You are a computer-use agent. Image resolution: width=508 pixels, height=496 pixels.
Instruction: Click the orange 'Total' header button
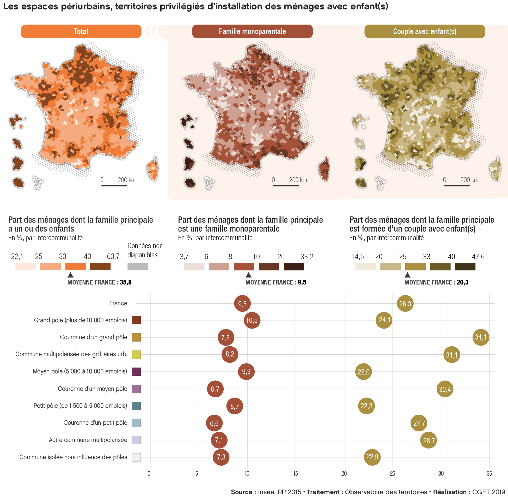coord(81,32)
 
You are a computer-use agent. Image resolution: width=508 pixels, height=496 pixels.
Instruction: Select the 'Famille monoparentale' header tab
coord(252,32)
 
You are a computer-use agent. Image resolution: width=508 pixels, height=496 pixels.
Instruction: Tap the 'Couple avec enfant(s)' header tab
coord(425,32)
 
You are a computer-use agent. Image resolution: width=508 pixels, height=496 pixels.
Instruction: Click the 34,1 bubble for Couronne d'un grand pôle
coord(481,337)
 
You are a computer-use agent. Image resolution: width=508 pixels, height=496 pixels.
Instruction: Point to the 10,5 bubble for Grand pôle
coord(252,320)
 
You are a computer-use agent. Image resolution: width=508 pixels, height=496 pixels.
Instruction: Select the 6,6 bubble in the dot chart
coord(214,423)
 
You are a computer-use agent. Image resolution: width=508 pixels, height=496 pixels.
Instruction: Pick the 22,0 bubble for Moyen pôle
coord(363,372)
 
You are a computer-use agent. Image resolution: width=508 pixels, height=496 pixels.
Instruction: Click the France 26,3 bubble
coord(405,304)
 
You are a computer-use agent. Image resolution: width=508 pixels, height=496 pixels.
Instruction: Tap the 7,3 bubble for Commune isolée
coord(221,457)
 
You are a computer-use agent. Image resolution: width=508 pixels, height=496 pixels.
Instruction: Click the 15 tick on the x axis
coord(296,474)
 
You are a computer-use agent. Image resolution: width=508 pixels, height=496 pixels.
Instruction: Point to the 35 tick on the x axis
coord(489,474)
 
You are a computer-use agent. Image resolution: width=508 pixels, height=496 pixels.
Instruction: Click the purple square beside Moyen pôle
coord(136,372)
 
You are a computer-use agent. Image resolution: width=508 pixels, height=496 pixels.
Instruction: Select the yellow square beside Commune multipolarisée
coord(136,354)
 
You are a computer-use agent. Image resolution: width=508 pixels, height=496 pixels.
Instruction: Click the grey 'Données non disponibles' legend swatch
coord(138,267)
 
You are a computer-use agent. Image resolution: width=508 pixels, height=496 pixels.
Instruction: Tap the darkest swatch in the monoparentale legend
coord(294,267)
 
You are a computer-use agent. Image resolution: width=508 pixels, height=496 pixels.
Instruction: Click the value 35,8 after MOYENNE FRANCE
coord(126,282)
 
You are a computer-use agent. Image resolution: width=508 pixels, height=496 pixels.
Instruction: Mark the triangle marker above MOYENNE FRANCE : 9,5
coord(248,275)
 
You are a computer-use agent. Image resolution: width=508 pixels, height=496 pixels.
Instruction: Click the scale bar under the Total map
coord(114,185)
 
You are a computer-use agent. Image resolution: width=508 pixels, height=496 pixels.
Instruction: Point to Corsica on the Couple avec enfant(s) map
coord(495,169)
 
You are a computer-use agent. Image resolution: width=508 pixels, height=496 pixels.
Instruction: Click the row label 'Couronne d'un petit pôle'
coord(95,423)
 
